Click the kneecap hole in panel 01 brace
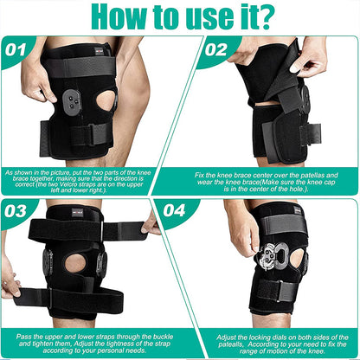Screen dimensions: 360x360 (x=106, y=100)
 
